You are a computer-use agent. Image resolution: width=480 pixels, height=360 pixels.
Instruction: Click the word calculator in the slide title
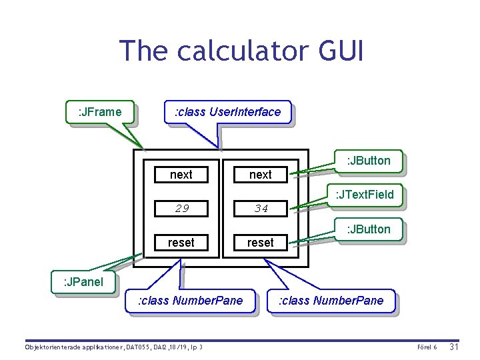(x=241, y=51)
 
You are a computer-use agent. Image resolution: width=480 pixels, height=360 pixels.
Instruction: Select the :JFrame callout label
(x=100, y=111)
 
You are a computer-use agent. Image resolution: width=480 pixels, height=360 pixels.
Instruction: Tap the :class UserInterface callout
(x=227, y=111)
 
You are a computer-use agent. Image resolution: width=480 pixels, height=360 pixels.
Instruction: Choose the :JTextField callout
(x=365, y=195)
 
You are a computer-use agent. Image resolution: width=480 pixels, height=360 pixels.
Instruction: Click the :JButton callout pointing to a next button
(x=368, y=160)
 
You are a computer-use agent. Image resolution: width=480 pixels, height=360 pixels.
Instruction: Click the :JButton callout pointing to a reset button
(x=368, y=229)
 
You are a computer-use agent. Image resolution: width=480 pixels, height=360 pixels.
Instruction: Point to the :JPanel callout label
(x=83, y=281)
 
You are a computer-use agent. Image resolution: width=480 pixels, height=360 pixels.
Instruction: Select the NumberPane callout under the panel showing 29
(x=190, y=300)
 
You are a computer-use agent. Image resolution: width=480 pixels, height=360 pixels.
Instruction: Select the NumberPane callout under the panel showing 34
(x=331, y=300)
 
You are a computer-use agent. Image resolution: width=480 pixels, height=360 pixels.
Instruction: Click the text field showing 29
(x=181, y=209)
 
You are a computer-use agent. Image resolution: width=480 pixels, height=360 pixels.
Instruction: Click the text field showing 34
(x=261, y=209)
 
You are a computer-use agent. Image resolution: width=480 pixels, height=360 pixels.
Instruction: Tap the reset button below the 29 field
(x=181, y=243)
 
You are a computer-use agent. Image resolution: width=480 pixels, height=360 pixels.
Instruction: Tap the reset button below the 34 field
(x=261, y=243)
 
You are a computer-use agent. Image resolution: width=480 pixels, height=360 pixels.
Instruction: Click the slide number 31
(x=453, y=347)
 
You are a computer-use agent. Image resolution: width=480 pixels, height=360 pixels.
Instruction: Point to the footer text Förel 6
(x=426, y=347)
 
